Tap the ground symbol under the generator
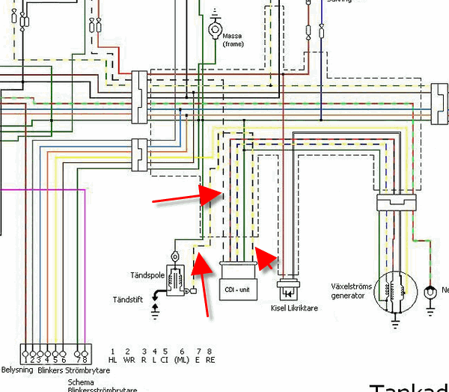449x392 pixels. pyautogui.click(x=394, y=323)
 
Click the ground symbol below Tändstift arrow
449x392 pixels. pyautogui.click(x=156, y=310)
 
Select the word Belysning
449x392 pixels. pyautogui.click(x=17, y=370)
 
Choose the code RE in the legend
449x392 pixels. pyautogui.click(x=211, y=361)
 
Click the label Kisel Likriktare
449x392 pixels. pyautogui.click(x=291, y=307)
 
